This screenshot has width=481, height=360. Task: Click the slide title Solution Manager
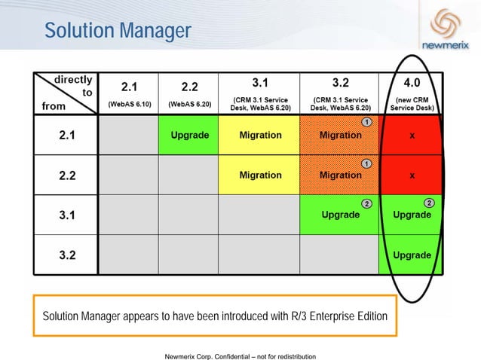click(x=118, y=31)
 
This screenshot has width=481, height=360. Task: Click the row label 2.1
click(x=66, y=136)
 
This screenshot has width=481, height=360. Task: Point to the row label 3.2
click(x=66, y=254)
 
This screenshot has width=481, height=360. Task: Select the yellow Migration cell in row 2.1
click(x=259, y=136)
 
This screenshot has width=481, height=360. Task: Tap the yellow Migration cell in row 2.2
click(x=259, y=175)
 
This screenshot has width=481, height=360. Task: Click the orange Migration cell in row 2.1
click(x=340, y=136)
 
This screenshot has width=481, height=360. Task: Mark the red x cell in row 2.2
click(x=412, y=175)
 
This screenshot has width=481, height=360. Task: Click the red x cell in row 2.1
click(x=412, y=136)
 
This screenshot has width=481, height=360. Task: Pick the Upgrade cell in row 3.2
click(x=412, y=255)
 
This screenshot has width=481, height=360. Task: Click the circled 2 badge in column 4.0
click(x=429, y=203)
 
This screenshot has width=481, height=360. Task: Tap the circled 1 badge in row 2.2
click(x=366, y=163)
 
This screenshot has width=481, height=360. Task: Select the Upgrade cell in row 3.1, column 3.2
click(x=340, y=215)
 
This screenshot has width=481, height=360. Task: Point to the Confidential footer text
click(x=240, y=355)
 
